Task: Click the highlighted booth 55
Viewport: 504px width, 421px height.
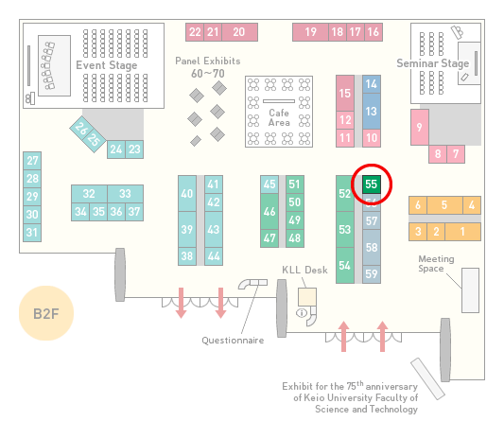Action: point(372,184)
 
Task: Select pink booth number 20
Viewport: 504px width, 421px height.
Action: point(239,32)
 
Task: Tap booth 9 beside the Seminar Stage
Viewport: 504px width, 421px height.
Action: point(420,127)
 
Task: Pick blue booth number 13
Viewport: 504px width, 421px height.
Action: point(372,112)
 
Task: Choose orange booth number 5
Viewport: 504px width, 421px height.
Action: point(444,205)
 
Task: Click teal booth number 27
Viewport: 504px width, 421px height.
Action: point(32,161)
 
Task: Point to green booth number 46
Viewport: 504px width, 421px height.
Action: point(269,211)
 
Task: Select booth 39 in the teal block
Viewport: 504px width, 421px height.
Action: point(187,229)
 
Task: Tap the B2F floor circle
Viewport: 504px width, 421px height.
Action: point(46,313)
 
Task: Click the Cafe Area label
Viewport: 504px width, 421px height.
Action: point(279,117)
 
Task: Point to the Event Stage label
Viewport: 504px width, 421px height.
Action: point(107,65)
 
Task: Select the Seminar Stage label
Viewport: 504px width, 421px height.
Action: point(433,63)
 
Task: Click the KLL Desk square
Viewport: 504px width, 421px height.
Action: point(307,297)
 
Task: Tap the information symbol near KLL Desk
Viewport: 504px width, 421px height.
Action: point(302,312)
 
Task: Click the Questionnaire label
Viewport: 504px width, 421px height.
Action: point(233,341)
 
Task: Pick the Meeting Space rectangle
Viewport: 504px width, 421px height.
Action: point(470,290)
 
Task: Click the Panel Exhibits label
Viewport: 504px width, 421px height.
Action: point(208,61)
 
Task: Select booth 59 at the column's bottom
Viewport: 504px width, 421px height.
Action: point(372,274)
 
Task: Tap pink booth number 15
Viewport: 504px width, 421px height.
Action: point(345,94)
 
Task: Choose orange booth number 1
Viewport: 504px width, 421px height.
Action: point(462,232)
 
